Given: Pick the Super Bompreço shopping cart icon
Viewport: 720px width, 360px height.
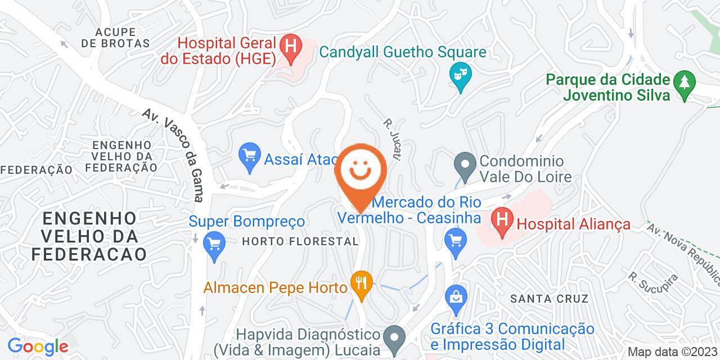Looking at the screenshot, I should click(x=213, y=244).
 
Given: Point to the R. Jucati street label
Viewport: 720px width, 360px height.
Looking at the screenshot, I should click(x=391, y=139).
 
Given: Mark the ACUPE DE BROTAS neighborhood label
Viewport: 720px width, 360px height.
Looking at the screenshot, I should click(x=115, y=37).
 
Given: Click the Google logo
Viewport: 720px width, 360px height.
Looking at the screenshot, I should click(x=38, y=346).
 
